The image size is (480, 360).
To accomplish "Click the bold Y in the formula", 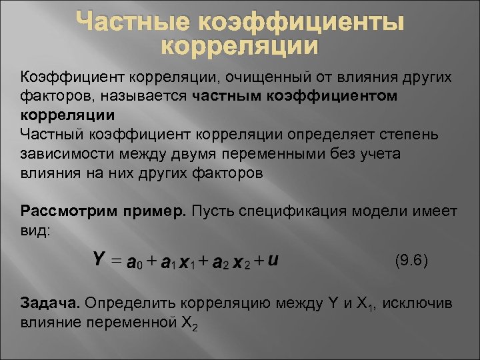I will click(x=98, y=258).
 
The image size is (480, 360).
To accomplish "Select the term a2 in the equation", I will click(x=220, y=261).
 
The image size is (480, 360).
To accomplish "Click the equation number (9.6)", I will click(x=411, y=259).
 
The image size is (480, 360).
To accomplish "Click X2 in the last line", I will click(x=189, y=323).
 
